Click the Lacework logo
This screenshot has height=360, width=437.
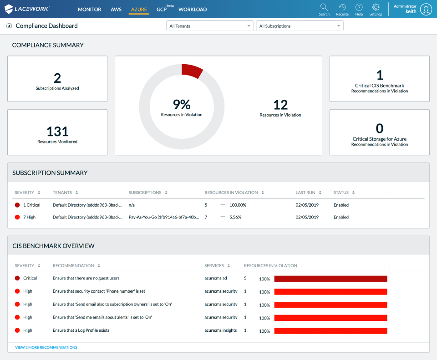point(27,9)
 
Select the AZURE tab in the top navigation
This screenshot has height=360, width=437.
point(139,10)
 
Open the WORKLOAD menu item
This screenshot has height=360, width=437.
point(193,10)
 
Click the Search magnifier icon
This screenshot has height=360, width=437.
point(324,7)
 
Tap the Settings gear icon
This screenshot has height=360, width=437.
point(376,7)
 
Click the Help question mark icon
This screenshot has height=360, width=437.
point(359,7)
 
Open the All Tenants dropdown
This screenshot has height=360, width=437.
point(210,26)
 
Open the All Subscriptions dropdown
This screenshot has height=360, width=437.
point(300,26)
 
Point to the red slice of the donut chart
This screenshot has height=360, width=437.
point(192,71)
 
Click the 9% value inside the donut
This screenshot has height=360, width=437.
point(182,105)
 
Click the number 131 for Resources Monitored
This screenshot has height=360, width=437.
point(57,132)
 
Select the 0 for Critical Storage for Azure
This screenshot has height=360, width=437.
point(380,128)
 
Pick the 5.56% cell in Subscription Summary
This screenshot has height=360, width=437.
point(235,218)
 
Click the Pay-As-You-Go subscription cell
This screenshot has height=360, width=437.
point(163,218)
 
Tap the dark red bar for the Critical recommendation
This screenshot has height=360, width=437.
point(330,279)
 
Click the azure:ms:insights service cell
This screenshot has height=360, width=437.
point(221,330)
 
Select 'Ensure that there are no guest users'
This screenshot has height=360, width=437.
point(86,278)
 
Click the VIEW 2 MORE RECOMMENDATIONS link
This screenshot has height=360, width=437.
point(46,347)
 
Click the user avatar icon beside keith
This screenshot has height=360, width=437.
point(426,9)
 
